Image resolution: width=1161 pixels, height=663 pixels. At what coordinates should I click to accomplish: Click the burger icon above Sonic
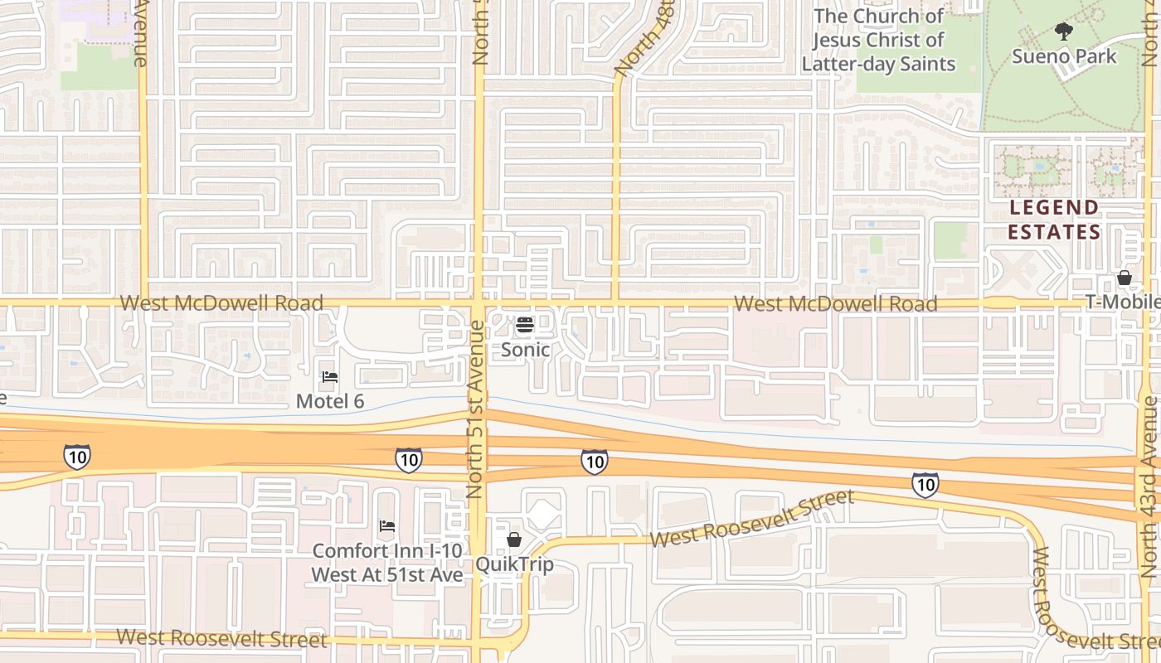[524, 325]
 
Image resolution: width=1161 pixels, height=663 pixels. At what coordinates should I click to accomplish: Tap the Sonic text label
[525, 350]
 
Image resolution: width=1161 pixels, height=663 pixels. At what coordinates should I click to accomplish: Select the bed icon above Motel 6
[330, 377]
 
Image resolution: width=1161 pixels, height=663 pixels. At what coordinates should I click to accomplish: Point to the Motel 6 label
[330, 401]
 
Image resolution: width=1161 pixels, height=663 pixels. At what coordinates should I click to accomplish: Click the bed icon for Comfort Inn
[386, 526]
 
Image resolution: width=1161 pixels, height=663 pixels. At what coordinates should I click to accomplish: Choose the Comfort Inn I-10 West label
[387, 562]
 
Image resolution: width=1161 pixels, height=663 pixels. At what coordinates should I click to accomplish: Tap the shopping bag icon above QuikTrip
[514, 540]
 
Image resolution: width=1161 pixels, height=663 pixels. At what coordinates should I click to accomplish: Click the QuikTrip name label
[514, 565]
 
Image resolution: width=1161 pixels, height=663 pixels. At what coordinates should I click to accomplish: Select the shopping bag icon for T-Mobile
[1125, 278]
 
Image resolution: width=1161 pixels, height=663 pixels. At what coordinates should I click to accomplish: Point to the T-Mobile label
[1123, 302]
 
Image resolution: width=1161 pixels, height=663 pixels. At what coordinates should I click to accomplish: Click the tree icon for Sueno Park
[1064, 32]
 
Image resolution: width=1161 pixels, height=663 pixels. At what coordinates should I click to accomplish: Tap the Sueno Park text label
[1064, 56]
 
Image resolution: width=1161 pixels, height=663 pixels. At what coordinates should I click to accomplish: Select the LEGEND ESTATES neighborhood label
[1054, 220]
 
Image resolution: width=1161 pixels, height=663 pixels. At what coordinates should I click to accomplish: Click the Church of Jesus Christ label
[878, 40]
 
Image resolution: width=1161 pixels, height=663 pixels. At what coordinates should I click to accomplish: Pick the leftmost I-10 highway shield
[76, 456]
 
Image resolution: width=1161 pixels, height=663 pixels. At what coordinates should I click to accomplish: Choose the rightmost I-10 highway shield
[925, 484]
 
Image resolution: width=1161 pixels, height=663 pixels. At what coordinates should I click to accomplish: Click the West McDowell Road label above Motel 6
[221, 303]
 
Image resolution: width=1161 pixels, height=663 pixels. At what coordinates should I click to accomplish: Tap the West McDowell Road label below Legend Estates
[835, 304]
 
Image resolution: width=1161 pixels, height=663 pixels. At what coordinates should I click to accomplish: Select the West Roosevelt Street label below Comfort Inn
[221, 638]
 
